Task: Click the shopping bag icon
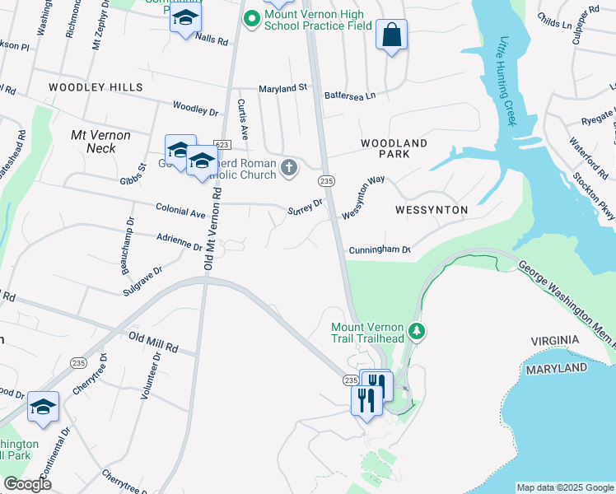point(391,35)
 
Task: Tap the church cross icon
point(288,169)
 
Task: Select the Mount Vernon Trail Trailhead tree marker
point(418,331)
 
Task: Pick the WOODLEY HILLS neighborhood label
point(96,87)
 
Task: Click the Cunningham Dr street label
point(379,249)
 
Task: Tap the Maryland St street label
point(282,87)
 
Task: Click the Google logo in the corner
point(27,484)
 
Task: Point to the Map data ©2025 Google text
point(565,487)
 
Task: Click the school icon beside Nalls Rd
point(185,19)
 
